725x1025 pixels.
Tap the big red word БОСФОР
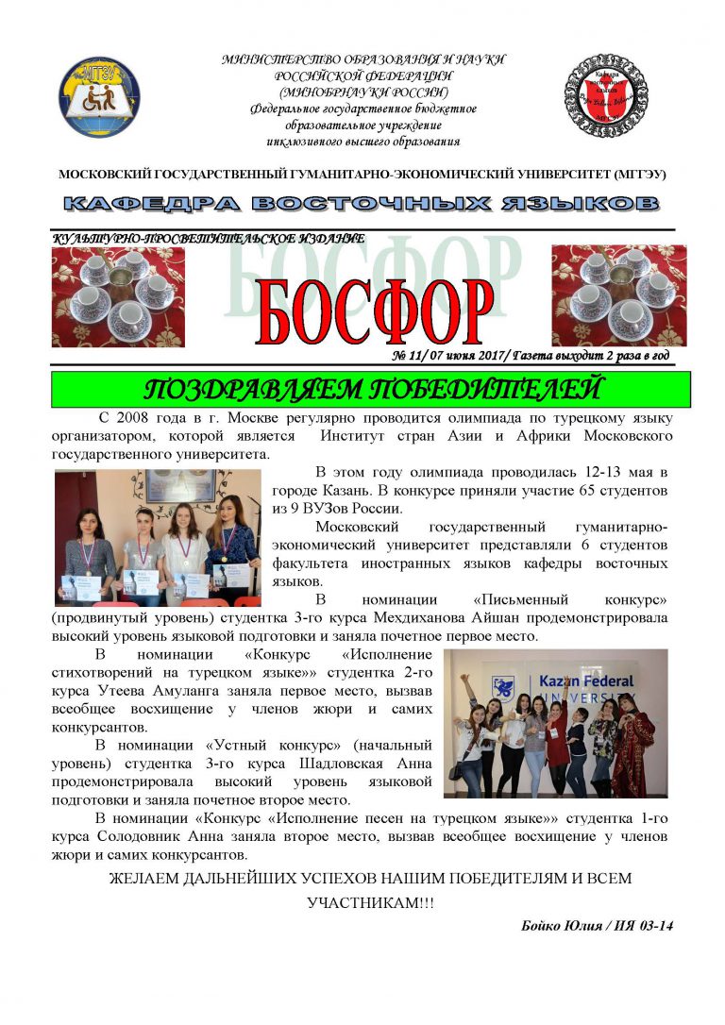coord(374,311)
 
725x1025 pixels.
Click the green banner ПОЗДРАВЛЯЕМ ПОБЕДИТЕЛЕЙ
coord(371,389)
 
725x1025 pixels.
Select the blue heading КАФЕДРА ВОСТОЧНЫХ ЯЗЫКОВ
coord(362,204)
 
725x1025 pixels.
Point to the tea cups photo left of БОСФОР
coord(118,295)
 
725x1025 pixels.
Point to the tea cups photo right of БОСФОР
coord(618,294)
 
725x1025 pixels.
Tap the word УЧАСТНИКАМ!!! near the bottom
coord(371,902)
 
